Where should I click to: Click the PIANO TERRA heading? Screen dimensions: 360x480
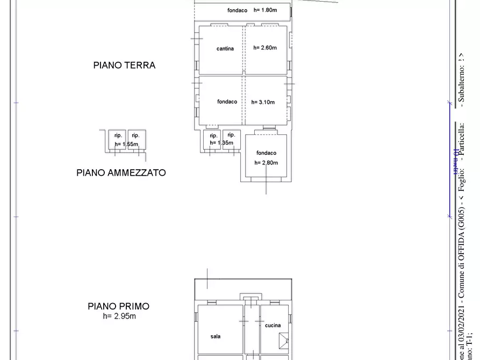click(124, 65)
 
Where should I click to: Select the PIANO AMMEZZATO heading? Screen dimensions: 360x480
click(121, 173)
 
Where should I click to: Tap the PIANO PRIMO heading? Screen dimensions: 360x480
click(119, 306)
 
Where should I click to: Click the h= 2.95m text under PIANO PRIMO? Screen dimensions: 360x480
click(119, 316)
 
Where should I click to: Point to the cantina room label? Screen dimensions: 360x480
click(225, 49)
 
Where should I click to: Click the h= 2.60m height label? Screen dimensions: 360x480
click(265, 48)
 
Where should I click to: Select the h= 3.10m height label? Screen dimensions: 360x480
click(263, 102)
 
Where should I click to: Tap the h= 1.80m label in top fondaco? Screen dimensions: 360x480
click(265, 10)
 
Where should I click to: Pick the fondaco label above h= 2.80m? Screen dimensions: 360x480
click(266, 153)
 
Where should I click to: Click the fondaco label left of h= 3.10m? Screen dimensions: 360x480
click(227, 102)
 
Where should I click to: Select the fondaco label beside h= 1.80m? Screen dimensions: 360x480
click(237, 10)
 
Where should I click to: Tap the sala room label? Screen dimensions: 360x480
click(215, 337)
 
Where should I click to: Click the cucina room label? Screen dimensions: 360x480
click(273, 326)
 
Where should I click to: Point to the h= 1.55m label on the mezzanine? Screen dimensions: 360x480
click(127, 144)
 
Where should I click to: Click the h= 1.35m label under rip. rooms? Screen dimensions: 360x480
click(221, 143)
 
